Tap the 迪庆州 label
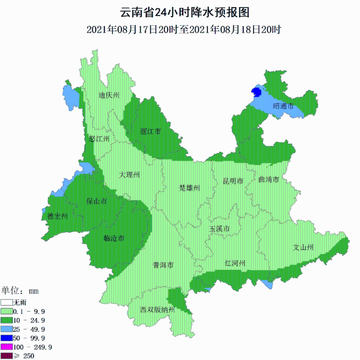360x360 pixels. point(109,96)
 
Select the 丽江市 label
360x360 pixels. point(150,132)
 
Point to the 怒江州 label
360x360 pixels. point(99,139)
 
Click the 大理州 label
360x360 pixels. point(129,175)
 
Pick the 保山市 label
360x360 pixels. point(97,201)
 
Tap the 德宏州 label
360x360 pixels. point(57,217)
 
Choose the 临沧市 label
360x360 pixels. point(114,238)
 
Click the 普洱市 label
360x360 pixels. point(163,265)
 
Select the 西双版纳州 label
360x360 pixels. point(157,310)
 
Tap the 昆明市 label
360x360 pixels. point(233,181)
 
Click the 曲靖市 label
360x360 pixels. point(269,179)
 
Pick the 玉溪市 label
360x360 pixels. point(219,229)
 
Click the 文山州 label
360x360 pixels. point(304,248)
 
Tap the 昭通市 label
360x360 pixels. point(283,106)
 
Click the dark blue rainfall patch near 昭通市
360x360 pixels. point(252,93)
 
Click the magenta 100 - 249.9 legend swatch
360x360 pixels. point(6,347)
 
